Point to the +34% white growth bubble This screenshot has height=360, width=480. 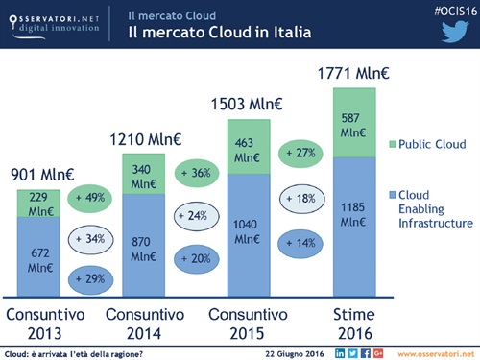tap(94, 238)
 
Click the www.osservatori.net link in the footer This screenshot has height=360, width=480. tap(437, 353)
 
